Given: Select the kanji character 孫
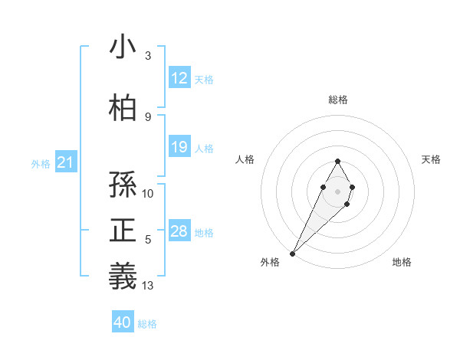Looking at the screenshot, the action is click(123, 185).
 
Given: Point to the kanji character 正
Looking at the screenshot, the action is click(123, 231).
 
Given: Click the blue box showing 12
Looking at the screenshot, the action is click(179, 78).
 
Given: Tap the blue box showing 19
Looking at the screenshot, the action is click(179, 147).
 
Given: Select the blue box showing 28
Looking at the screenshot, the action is click(179, 231).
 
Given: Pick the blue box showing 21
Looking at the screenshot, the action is click(65, 162).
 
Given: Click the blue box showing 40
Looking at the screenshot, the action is click(123, 322).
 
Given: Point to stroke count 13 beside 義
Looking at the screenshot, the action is click(148, 286).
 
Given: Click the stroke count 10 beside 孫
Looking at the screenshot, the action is click(148, 194).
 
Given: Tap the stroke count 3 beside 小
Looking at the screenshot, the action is click(148, 56).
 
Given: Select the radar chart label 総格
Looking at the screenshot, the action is click(337, 100).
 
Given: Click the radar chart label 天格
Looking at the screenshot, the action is click(432, 159).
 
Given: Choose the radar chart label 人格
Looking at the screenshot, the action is click(245, 159).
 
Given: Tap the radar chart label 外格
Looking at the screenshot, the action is click(270, 262).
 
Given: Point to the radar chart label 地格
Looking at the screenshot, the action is click(402, 262).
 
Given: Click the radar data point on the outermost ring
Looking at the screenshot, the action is click(293, 253).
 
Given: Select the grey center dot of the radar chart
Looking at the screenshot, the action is click(337, 190).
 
